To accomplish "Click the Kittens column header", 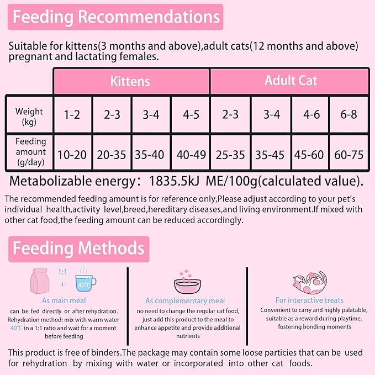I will click(130, 81).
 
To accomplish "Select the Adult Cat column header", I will click(291, 81).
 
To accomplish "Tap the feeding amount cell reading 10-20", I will click(72, 154).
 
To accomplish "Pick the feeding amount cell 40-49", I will click(191, 154).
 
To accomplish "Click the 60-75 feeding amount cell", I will click(349, 154).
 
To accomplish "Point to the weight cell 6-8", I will click(349, 115).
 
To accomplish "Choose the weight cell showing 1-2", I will click(72, 115).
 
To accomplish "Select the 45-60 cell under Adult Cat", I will click(310, 154).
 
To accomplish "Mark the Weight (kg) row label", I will click(29, 116).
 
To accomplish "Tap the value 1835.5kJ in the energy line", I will click(172, 181).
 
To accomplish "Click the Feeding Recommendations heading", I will click(117, 17).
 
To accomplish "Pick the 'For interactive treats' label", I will click(309, 300).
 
